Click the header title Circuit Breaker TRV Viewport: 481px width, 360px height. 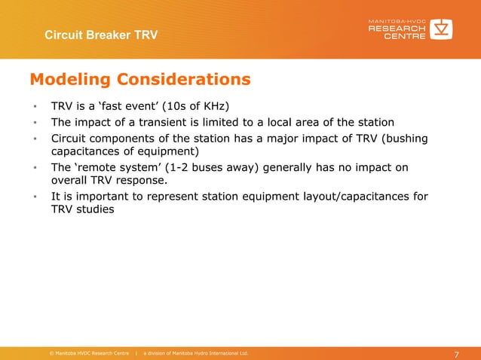(101, 35)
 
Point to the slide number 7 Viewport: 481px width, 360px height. (456, 355)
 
